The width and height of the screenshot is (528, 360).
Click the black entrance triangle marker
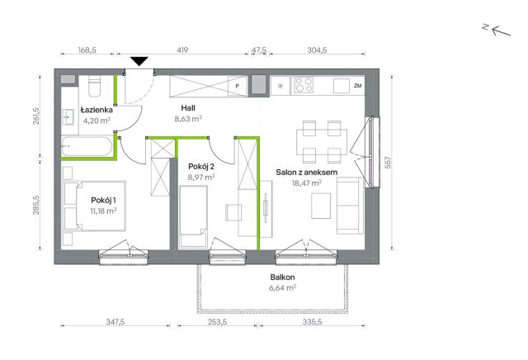pyautogui.click(x=139, y=61)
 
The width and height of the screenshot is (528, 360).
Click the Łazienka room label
pyautogui.click(x=97, y=110)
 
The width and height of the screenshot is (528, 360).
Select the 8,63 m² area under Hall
pyautogui.click(x=188, y=119)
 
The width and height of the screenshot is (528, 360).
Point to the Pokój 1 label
pyautogui.click(x=103, y=200)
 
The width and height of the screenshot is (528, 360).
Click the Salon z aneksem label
pyautogui.click(x=306, y=173)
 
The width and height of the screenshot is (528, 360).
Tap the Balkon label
pyautogui.click(x=282, y=277)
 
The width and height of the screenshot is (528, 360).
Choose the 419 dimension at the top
pyautogui.click(x=182, y=50)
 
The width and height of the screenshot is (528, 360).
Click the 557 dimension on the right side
pyautogui.click(x=388, y=163)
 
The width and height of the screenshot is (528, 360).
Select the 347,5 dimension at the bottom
pyautogui.click(x=115, y=322)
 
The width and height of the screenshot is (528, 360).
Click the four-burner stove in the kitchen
pyautogui.click(x=304, y=85)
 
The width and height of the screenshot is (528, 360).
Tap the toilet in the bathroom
pyautogui.click(x=95, y=86)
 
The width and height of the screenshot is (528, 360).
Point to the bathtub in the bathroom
pyautogui.click(x=87, y=146)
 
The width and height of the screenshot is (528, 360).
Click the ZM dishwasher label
pyautogui.click(x=357, y=86)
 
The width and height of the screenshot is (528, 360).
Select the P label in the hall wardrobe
pyautogui.click(x=237, y=87)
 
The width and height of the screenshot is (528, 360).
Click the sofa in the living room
pyautogui.click(x=350, y=206)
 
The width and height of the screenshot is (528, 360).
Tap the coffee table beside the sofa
pyautogui.click(x=321, y=206)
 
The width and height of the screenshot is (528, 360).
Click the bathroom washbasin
pyautogui.click(x=68, y=117)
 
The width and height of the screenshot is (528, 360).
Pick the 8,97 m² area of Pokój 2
pyautogui.click(x=201, y=177)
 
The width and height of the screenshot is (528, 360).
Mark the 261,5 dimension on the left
pyautogui.click(x=36, y=116)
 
